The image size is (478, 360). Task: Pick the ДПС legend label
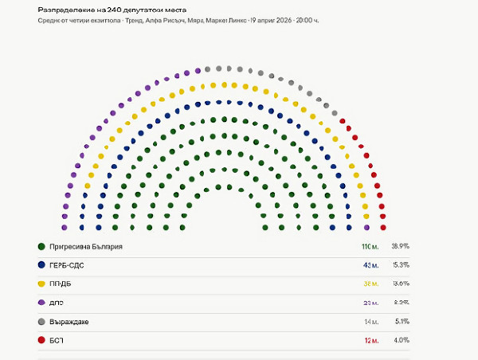point(57,303)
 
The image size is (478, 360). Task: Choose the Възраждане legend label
point(69,322)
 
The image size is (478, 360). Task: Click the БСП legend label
point(57,341)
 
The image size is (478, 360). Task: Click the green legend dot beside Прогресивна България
point(41,246)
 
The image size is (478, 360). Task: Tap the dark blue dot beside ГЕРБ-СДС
point(41,264)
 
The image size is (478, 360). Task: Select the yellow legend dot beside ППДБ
point(41,284)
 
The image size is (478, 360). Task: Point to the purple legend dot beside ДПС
point(41,303)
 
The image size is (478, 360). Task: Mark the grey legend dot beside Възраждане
point(41,322)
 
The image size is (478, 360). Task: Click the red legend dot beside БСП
point(41,341)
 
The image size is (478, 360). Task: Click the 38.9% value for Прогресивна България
point(400,246)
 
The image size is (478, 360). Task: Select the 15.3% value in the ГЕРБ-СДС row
point(400,264)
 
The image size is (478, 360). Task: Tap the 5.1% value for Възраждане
point(402,322)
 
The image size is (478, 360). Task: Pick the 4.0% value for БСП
point(402,341)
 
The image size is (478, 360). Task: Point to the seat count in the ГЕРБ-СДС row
point(371,264)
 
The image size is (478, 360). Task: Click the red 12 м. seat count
point(371,341)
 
